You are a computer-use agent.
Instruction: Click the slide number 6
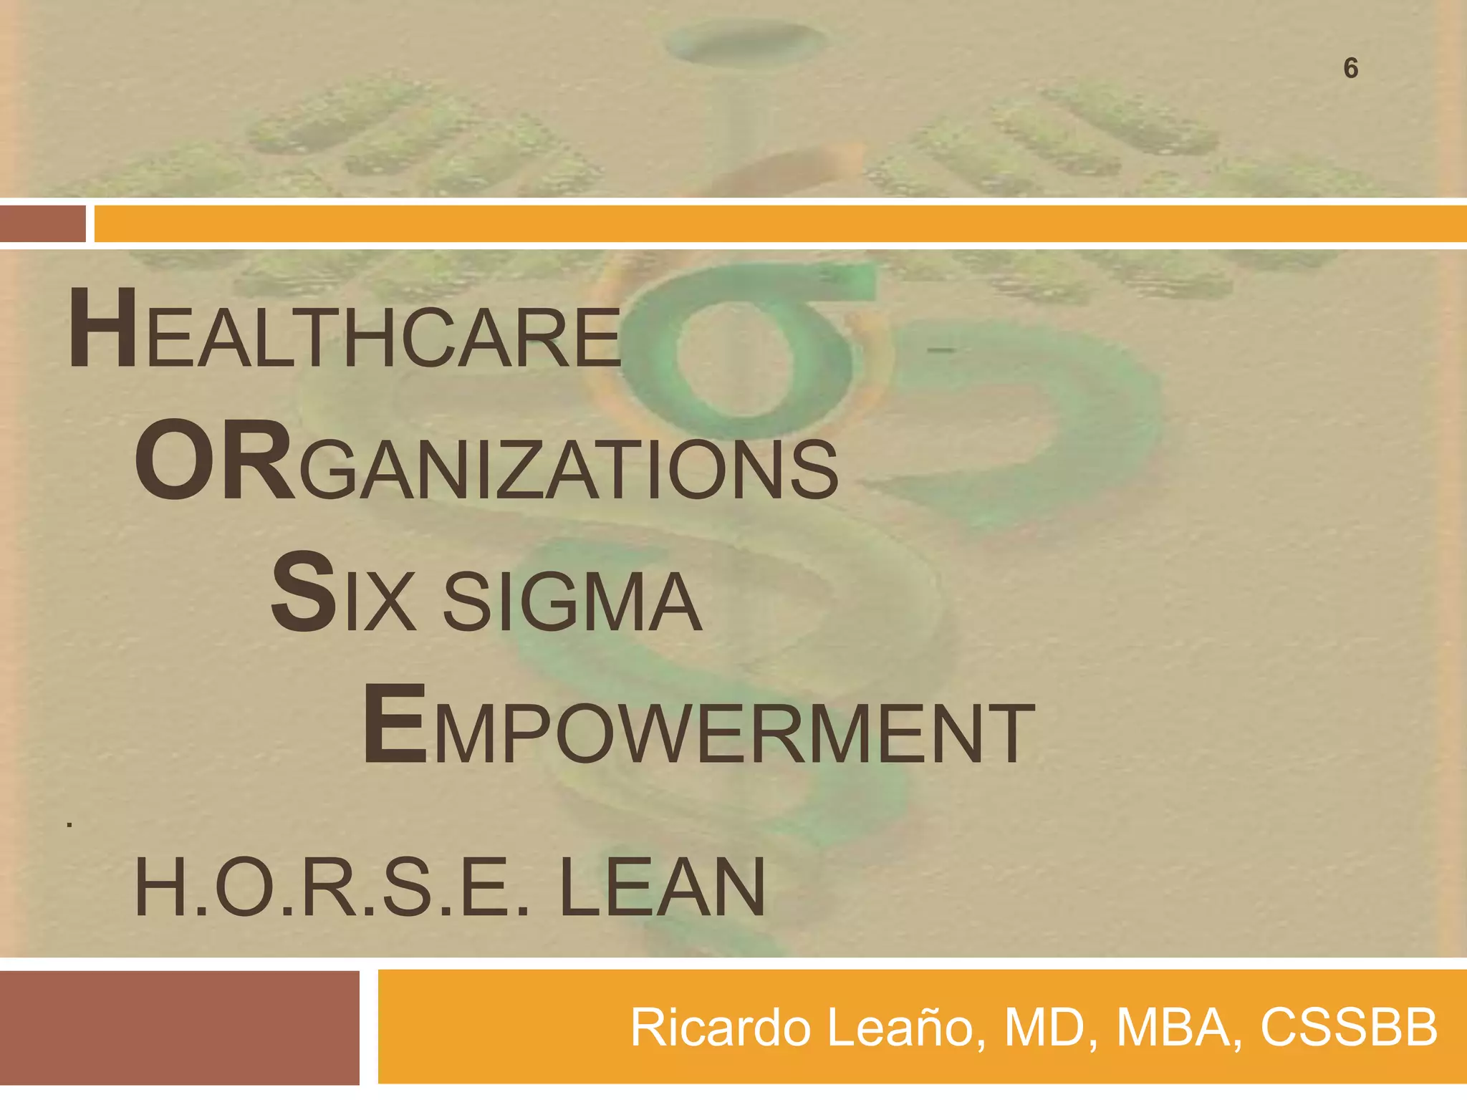click(1350, 69)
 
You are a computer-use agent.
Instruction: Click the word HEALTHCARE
click(344, 332)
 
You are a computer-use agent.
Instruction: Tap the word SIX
click(343, 594)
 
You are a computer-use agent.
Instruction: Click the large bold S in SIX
click(303, 593)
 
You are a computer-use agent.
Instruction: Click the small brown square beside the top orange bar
click(42, 223)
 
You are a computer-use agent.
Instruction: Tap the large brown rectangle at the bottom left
click(179, 1028)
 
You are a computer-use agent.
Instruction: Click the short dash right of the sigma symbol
click(940, 350)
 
